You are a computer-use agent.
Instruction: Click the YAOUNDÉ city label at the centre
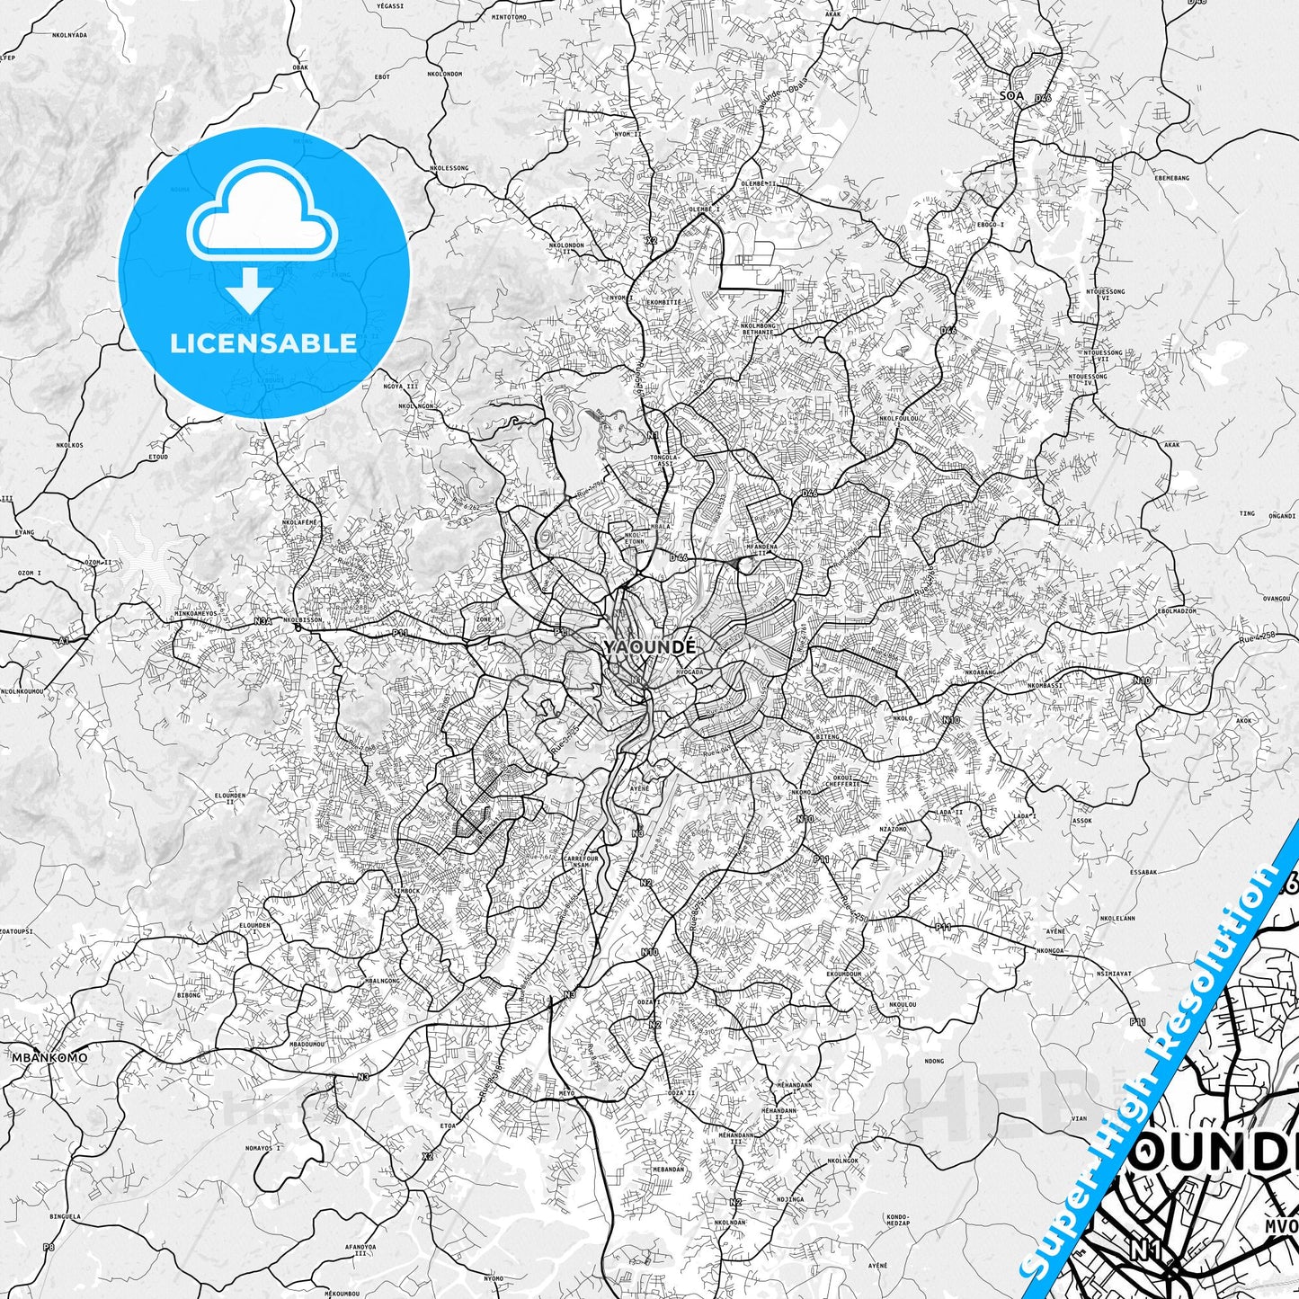coord(650,647)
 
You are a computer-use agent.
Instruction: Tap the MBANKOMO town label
coord(49,1057)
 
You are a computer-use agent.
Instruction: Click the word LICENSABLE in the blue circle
coord(263,343)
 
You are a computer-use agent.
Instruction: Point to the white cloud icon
coord(262,219)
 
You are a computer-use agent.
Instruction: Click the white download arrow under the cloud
coord(251,290)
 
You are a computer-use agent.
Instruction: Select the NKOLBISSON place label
coord(303,619)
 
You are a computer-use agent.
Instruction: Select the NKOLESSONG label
coord(449,167)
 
